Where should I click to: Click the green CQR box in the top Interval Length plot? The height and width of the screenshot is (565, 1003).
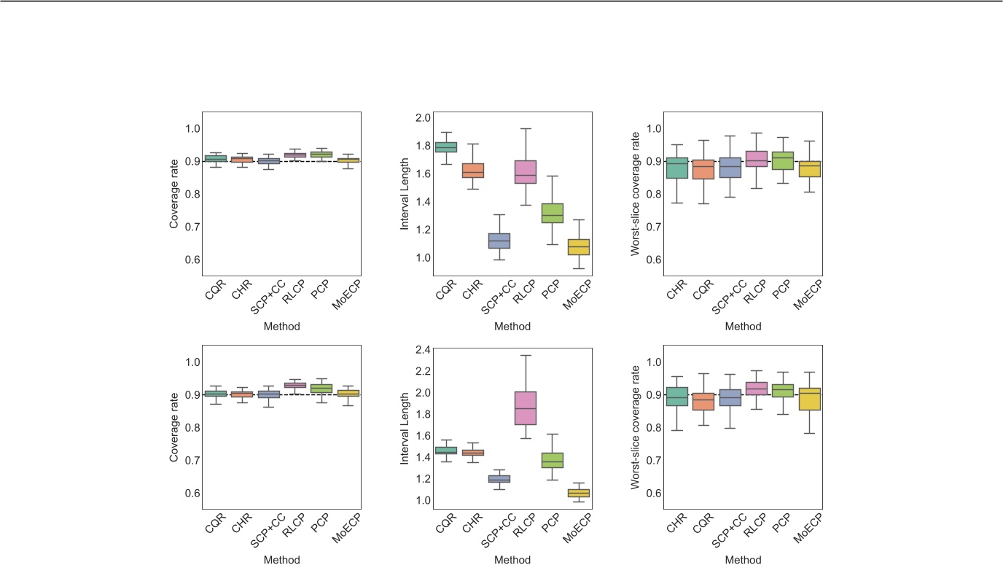(x=445, y=147)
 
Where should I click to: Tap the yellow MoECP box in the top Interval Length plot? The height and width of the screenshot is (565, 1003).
(x=578, y=246)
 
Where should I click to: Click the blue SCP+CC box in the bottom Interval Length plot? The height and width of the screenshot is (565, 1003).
(x=499, y=479)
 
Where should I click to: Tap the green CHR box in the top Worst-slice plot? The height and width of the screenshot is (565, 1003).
(x=676, y=168)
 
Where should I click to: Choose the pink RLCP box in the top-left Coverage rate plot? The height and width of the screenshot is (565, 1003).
(x=294, y=155)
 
